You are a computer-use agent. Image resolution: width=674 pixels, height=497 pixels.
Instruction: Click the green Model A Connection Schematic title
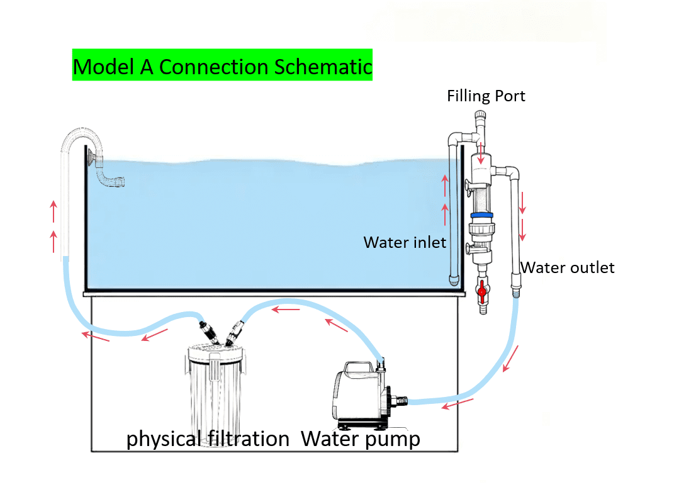(x=222, y=65)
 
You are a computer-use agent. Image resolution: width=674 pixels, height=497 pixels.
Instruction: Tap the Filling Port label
(x=486, y=96)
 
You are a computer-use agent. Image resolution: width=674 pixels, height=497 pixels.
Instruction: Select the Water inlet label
(x=405, y=242)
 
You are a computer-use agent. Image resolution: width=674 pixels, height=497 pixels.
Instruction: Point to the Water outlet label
(x=568, y=268)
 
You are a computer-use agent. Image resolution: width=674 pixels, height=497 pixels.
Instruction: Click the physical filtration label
(x=208, y=438)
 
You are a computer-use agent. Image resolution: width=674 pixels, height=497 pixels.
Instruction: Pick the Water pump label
(x=361, y=438)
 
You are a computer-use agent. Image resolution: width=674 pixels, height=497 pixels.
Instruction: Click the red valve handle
(x=483, y=291)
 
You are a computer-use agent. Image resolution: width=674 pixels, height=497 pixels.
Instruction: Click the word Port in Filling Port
(x=510, y=96)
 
